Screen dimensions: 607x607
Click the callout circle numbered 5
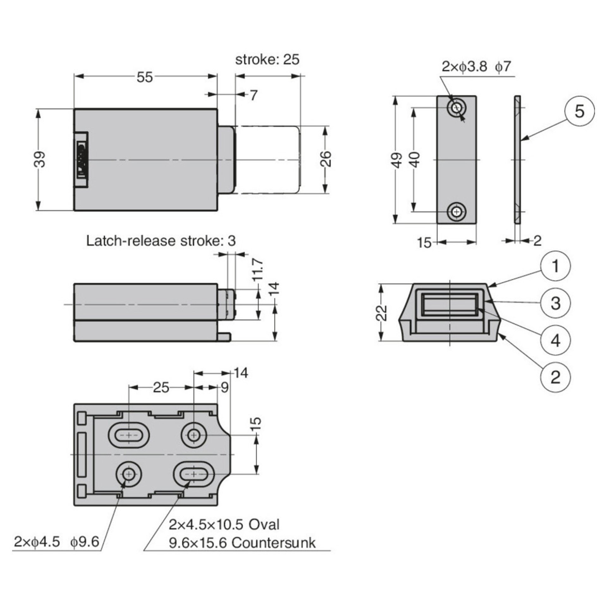(579, 112)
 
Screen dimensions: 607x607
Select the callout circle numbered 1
(555, 266)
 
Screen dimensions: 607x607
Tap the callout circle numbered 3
(555, 303)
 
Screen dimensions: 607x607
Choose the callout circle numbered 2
(555, 377)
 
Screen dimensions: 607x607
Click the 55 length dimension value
(145, 77)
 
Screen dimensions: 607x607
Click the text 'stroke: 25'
(267, 60)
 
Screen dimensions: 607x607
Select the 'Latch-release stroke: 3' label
(161, 241)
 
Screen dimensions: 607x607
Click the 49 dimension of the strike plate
(398, 160)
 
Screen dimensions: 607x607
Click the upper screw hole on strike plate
(456, 108)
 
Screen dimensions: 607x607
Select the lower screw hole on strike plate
(456, 212)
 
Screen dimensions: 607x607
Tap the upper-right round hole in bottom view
(193, 436)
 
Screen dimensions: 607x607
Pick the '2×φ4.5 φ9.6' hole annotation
(56, 542)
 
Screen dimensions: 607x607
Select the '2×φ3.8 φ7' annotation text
(476, 67)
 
